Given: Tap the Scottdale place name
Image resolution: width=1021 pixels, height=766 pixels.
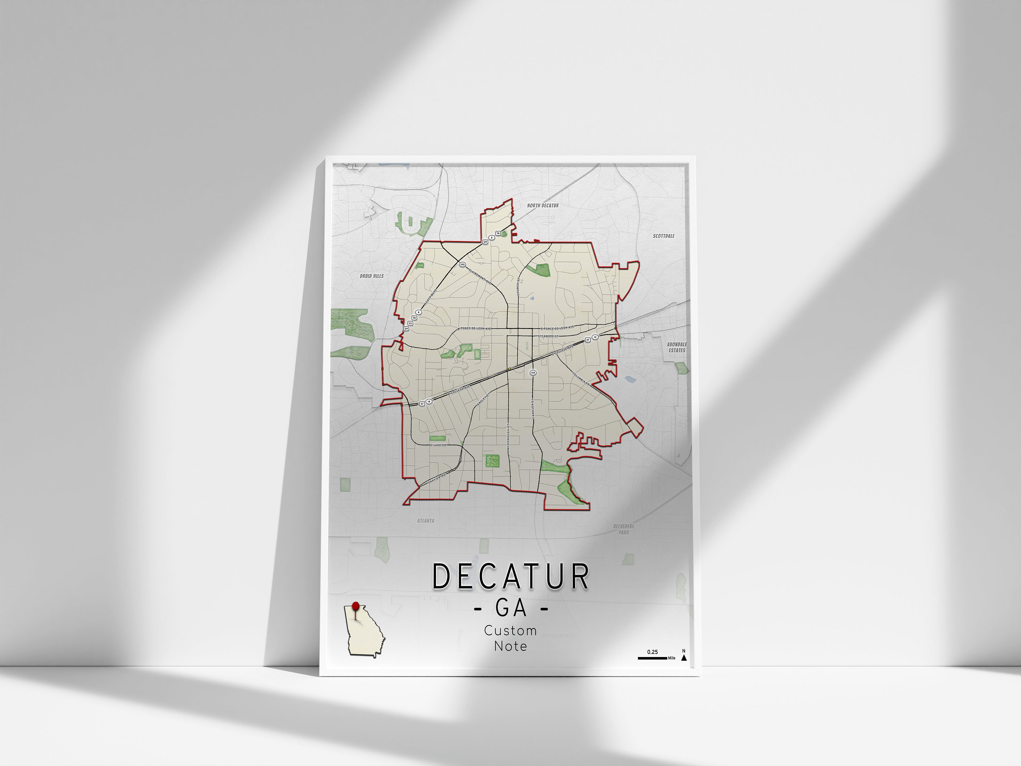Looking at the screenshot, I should (663, 236).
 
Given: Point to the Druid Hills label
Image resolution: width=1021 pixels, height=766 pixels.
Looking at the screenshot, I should (372, 276).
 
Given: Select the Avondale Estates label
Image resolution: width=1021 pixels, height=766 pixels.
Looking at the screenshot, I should (677, 347).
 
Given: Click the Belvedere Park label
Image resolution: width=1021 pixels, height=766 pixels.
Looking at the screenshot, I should (624, 529).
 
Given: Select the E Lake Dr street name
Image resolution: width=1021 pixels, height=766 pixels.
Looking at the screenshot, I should (438, 445).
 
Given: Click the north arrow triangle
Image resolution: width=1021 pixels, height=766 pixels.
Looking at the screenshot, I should (684, 657).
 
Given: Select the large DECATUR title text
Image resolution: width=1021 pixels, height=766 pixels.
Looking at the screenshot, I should (510, 577).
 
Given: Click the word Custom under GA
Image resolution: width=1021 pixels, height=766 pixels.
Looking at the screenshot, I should (510, 630).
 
